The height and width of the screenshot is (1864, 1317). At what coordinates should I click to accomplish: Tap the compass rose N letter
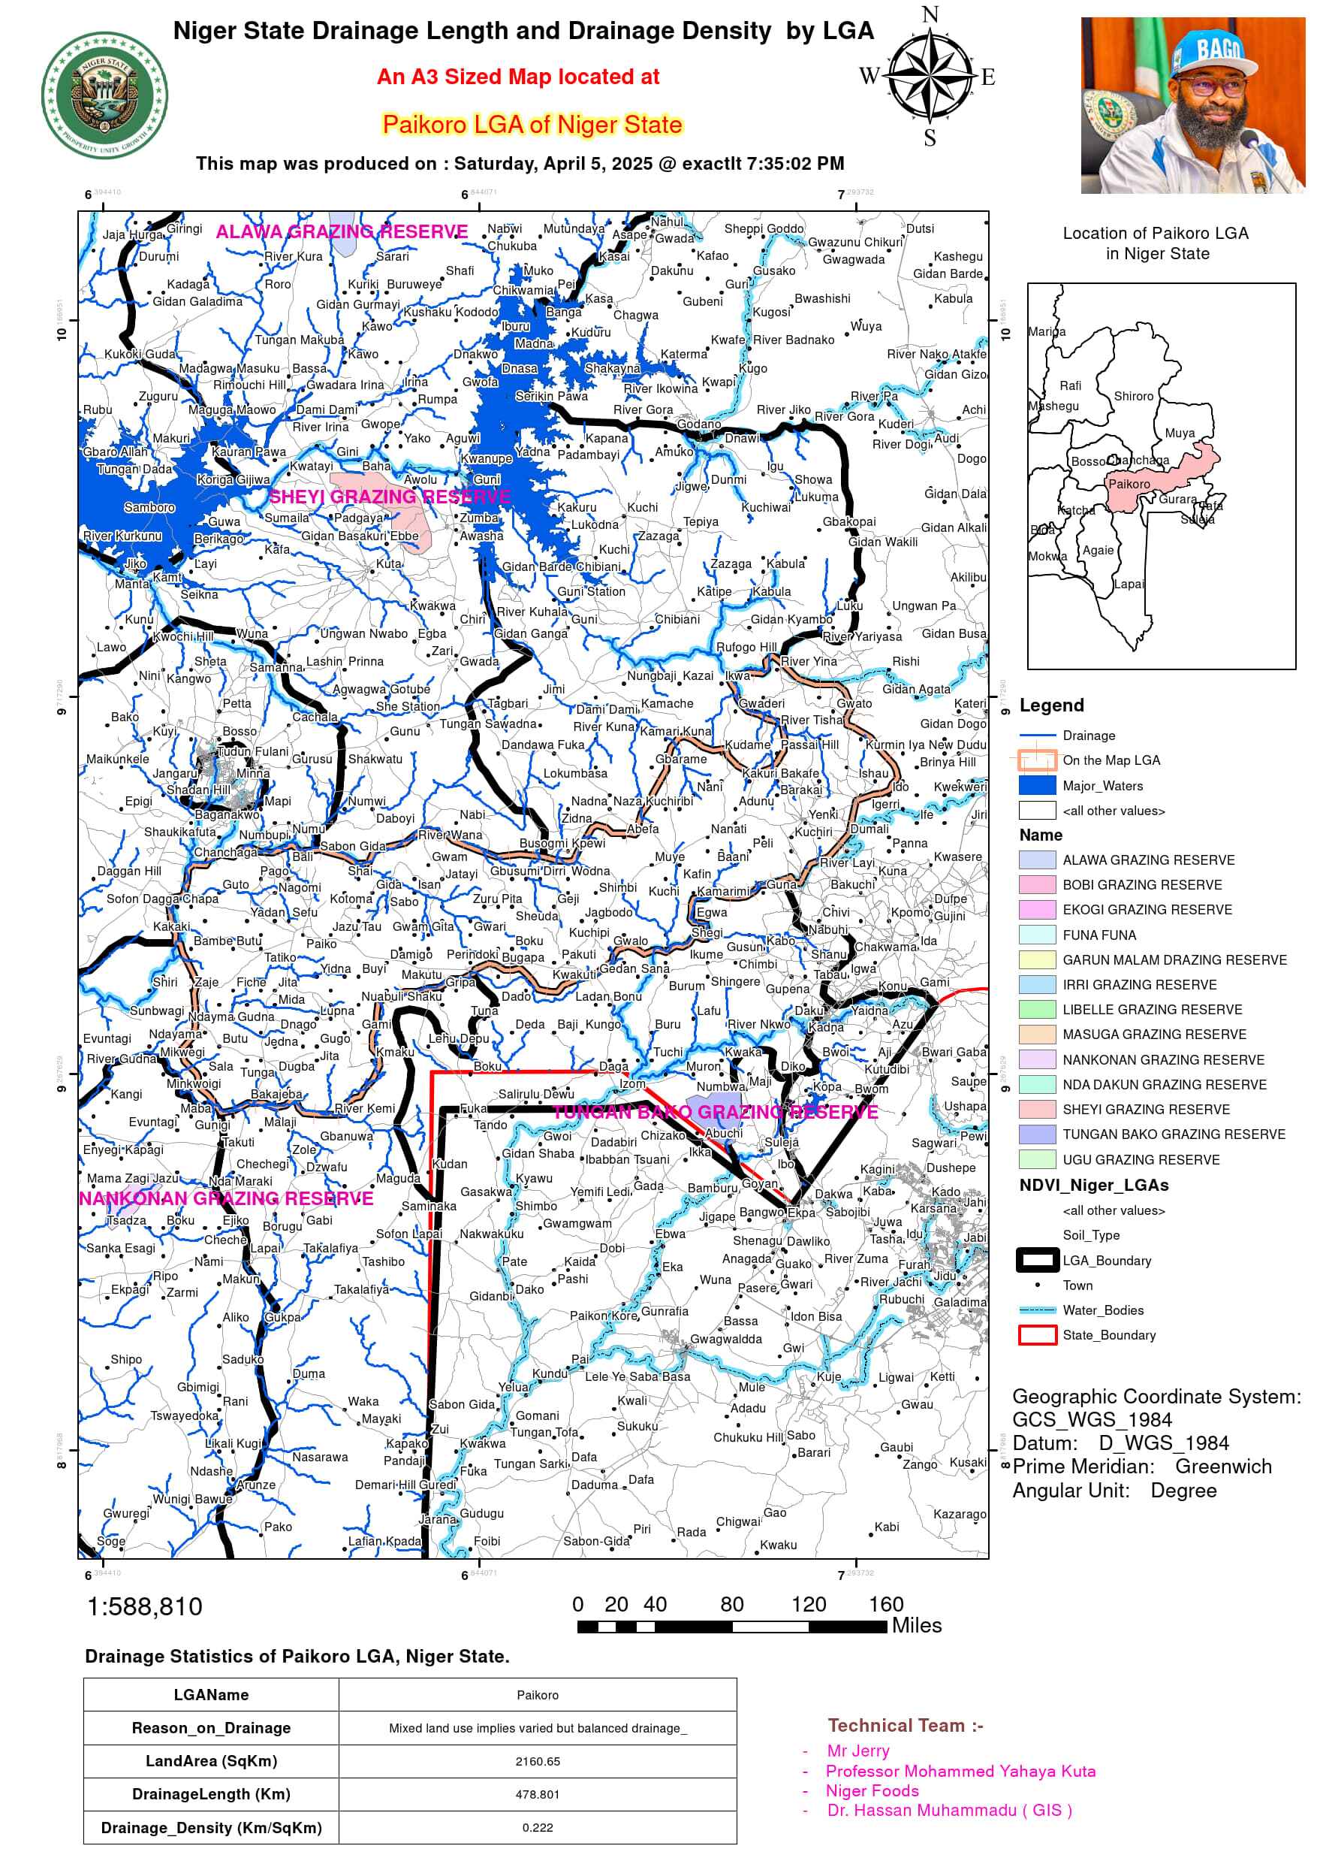pyautogui.click(x=930, y=14)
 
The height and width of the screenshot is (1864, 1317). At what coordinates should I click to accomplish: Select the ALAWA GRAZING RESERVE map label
pyautogui.click(x=342, y=231)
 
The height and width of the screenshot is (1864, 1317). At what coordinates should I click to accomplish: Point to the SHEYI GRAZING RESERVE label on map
pyautogui.click(x=390, y=496)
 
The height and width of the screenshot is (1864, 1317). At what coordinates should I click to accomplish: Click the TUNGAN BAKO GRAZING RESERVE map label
pyautogui.click(x=714, y=1112)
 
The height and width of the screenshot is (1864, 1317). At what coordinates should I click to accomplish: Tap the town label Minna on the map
pyautogui.click(x=252, y=773)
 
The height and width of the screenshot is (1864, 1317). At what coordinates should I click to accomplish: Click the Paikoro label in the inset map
pyautogui.click(x=1129, y=484)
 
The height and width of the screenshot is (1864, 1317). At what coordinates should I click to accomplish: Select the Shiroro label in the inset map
pyautogui.click(x=1133, y=396)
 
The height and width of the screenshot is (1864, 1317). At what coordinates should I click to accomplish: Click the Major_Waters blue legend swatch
pyautogui.click(x=1036, y=785)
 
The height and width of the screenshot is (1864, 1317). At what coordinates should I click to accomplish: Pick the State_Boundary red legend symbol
pyautogui.click(x=1036, y=1334)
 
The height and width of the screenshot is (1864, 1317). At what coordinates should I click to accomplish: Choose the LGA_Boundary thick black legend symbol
pyautogui.click(x=1036, y=1260)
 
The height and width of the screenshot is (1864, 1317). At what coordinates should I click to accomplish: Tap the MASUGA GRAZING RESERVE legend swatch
pyautogui.click(x=1036, y=1035)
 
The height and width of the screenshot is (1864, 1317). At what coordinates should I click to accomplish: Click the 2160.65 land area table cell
pyautogui.click(x=537, y=1761)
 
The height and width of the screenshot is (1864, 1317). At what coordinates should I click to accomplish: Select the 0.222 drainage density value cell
pyautogui.click(x=537, y=1827)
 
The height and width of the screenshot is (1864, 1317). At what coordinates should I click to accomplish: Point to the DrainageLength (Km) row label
pyautogui.click(x=211, y=1794)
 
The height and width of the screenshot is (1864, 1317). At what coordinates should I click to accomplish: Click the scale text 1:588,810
pyautogui.click(x=144, y=1606)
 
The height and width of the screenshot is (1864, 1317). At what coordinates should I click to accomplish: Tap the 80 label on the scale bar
pyautogui.click(x=731, y=1604)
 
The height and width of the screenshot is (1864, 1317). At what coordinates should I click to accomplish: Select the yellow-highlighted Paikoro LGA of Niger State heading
pyautogui.click(x=532, y=125)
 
